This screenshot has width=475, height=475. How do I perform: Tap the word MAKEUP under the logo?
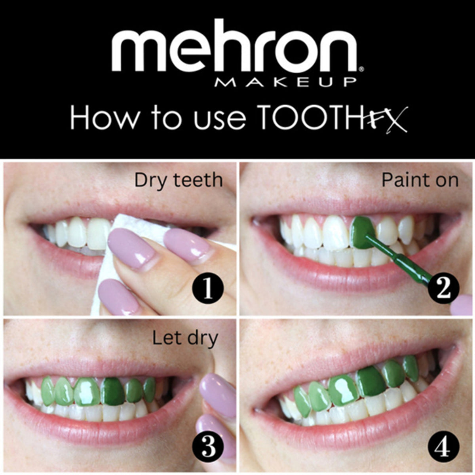(x=285, y=82)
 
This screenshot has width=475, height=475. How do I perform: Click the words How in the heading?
(x=103, y=118)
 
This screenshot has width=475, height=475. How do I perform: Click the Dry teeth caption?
(x=179, y=180)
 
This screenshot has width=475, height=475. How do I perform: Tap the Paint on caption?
(x=420, y=180)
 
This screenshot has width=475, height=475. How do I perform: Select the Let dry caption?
(x=185, y=339)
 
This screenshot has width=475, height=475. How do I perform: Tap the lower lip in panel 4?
(x=356, y=435)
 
